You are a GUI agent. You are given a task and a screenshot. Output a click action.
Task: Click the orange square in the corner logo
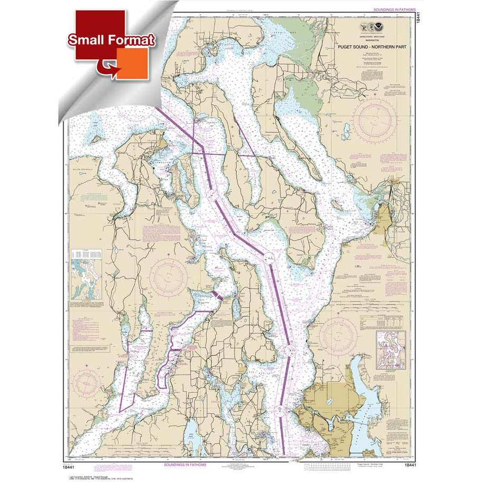point(132,62)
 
